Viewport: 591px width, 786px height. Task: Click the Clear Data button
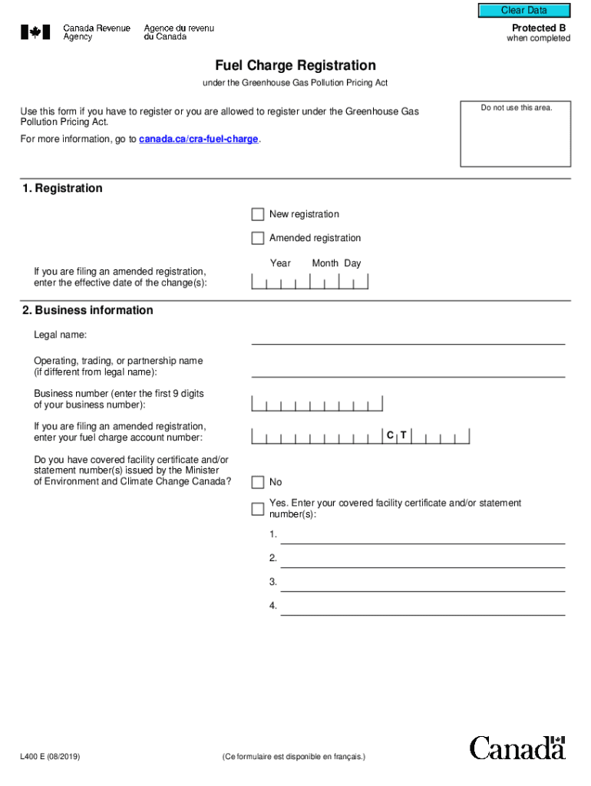tap(524, 11)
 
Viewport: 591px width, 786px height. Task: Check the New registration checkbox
tap(258, 214)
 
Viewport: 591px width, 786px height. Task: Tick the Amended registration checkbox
tap(258, 238)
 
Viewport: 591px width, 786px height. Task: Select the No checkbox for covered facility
tap(258, 482)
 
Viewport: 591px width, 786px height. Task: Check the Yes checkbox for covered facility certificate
tap(258, 508)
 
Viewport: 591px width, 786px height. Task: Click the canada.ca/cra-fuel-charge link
tap(198, 140)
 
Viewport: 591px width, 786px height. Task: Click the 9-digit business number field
tap(317, 404)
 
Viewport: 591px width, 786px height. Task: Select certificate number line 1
tap(422, 535)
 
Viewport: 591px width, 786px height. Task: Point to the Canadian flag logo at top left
tap(35, 32)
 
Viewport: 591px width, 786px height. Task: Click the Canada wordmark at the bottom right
tap(517, 748)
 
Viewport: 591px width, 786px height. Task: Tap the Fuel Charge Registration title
tap(295, 66)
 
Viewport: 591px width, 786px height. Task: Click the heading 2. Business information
tap(87, 310)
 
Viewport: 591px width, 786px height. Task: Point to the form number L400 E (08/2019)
tap(51, 757)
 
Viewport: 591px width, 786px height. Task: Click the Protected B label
tap(539, 28)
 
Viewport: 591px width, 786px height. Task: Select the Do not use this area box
tap(516, 134)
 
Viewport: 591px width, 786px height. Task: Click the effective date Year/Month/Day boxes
tap(310, 282)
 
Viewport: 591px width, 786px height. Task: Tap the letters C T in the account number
tap(397, 436)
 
